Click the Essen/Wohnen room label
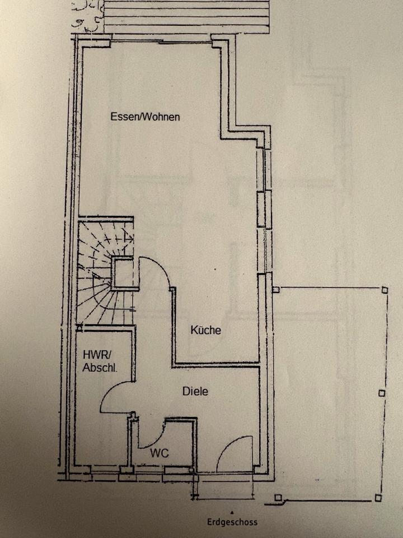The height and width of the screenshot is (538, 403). coord(144,117)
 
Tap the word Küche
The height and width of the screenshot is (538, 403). coord(205,330)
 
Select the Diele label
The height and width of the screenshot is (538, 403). coord(195,391)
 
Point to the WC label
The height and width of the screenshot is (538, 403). coord(160,453)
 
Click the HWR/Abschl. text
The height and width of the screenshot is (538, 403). coord(99,361)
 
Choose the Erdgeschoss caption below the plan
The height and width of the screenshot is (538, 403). coord(232,522)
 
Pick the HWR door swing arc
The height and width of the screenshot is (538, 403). coord(115,395)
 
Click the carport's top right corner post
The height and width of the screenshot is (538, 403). coord(384,290)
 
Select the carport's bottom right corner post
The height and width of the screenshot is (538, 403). coord(378,498)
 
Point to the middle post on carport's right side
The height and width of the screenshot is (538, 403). coord(382,393)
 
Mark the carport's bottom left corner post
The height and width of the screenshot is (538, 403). coord(278,497)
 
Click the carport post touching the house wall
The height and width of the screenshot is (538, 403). coord(275,290)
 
